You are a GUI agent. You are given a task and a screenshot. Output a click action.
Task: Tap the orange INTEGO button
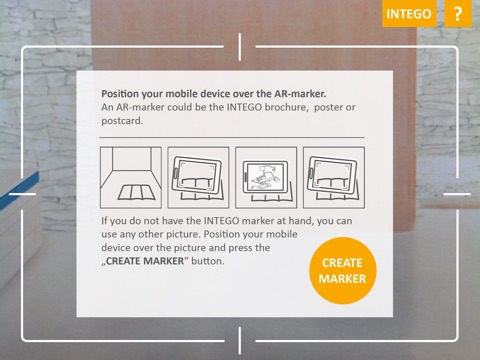[x=409, y=13]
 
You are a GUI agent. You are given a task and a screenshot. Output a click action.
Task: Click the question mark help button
[x=458, y=13]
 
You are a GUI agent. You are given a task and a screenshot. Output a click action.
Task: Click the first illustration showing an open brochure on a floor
[x=131, y=178]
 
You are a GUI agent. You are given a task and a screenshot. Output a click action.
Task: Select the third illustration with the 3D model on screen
[x=266, y=178]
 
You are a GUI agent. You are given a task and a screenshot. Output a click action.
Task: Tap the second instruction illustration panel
[x=198, y=178]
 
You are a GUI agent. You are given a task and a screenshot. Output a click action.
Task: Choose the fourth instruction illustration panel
[x=334, y=178]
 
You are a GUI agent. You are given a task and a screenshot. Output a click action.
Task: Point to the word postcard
[x=122, y=121]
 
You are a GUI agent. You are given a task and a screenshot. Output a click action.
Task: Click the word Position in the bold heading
[x=120, y=94]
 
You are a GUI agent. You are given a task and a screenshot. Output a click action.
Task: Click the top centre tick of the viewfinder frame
[x=240, y=47]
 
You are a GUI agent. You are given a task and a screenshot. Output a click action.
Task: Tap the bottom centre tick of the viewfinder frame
[x=240, y=341]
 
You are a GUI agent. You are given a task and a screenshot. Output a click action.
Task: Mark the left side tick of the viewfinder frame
[x=22, y=194]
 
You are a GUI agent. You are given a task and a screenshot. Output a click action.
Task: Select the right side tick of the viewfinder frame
[x=457, y=194]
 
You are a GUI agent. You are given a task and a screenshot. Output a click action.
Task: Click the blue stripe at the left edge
[x=19, y=191]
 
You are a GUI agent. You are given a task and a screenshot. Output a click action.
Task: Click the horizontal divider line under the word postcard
[x=232, y=137]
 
